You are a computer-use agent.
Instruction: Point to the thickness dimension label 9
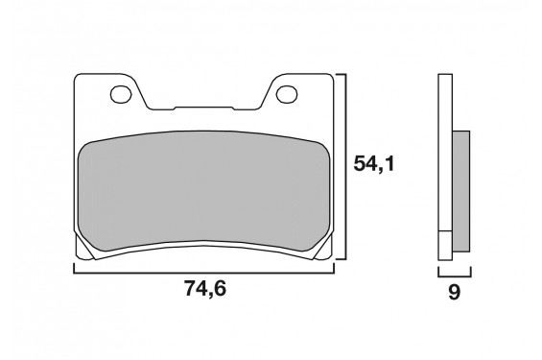454,294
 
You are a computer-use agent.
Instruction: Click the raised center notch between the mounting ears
204,106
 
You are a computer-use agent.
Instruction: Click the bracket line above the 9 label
455,273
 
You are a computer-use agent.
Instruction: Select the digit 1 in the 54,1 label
389,165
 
